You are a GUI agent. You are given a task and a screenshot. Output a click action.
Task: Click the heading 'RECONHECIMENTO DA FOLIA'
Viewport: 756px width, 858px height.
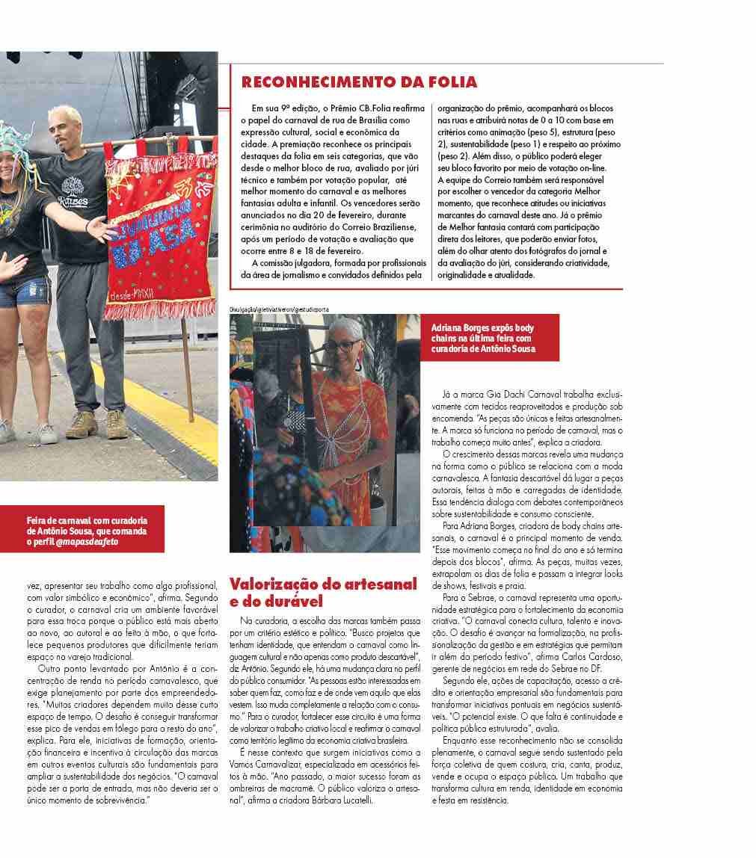pos(359,81)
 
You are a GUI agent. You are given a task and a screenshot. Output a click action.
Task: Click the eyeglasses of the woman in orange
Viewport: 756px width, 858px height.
pos(342,345)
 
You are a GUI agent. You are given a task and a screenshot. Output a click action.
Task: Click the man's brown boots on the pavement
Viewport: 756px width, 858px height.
pos(96,425)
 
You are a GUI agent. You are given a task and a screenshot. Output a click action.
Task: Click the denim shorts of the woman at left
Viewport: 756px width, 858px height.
pos(23,292)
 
